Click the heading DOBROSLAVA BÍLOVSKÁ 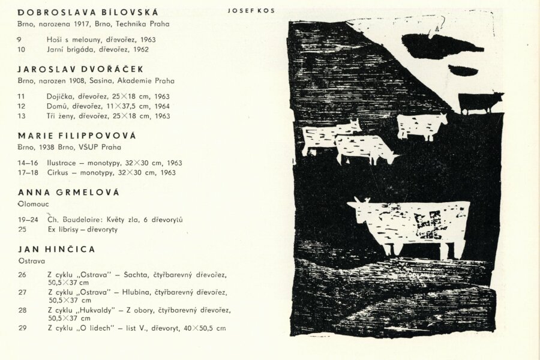[88, 12]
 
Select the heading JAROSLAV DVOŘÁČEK [80, 69]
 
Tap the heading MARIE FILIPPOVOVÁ [77, 136]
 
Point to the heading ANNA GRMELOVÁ [68, 192]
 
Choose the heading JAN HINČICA [56, 248]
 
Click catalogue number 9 [20, 40]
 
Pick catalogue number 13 [22, 116]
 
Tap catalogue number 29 [22, 328]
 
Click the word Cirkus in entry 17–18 [58, 173]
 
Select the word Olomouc [32, 205]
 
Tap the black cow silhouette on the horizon [479, 102]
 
